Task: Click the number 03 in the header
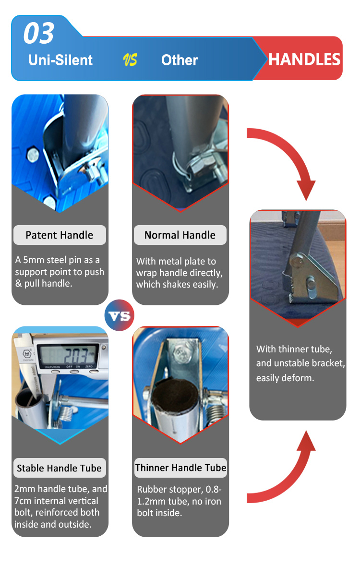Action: [x=39, y=34]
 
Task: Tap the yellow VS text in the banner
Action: [x=130, y=60]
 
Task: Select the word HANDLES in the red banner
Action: [x=304, y=60]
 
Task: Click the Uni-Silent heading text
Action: [x=60, y=60]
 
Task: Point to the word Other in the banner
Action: [x=180, y=60]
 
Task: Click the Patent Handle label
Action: [x=60, y=235]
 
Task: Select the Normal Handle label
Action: [x=180, y=235]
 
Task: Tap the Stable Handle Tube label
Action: [x=60, y=468]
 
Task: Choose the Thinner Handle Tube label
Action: [x=180, y=468]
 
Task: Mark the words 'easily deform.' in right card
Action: [x=285, y=378]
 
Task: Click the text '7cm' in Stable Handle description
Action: [x=23, y=501]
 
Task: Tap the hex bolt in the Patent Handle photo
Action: [x=33, y=155]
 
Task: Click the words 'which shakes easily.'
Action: [x=177, y=285]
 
